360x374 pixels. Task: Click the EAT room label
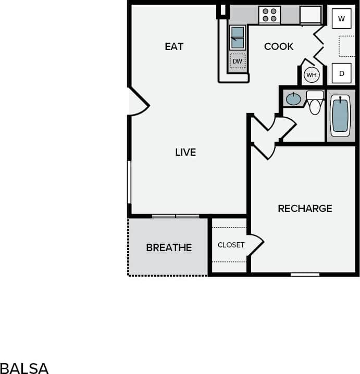[x=174, y=46]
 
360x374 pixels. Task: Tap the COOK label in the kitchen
[x=279, y=46]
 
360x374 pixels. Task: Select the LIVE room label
[x=185, y=152]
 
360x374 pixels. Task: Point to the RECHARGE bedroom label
[x=305, y=208]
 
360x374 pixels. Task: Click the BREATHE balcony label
[x=169, y=247]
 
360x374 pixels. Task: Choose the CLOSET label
[x=231, y=245]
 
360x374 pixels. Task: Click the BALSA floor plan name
[x=24, y=368]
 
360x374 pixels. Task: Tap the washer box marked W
[x=342, y=19]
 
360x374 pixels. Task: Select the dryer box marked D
[x=342, y=73]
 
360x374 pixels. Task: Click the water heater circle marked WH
[x=312, y=75]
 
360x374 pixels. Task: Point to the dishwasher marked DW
[x=238, y=61]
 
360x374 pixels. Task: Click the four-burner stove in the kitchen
[x=269, y=15]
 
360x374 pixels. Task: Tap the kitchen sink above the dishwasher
[x=237, y=38]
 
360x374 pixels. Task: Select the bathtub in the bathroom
[x=340, y=115]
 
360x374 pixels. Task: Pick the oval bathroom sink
[x=294, y=99]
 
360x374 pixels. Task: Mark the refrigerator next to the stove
[x=311, y=15]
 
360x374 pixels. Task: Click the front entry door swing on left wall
[x=138, y=102]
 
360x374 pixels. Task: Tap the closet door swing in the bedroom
[x=256, y=244]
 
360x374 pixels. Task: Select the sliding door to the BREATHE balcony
[x=176, y=216]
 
